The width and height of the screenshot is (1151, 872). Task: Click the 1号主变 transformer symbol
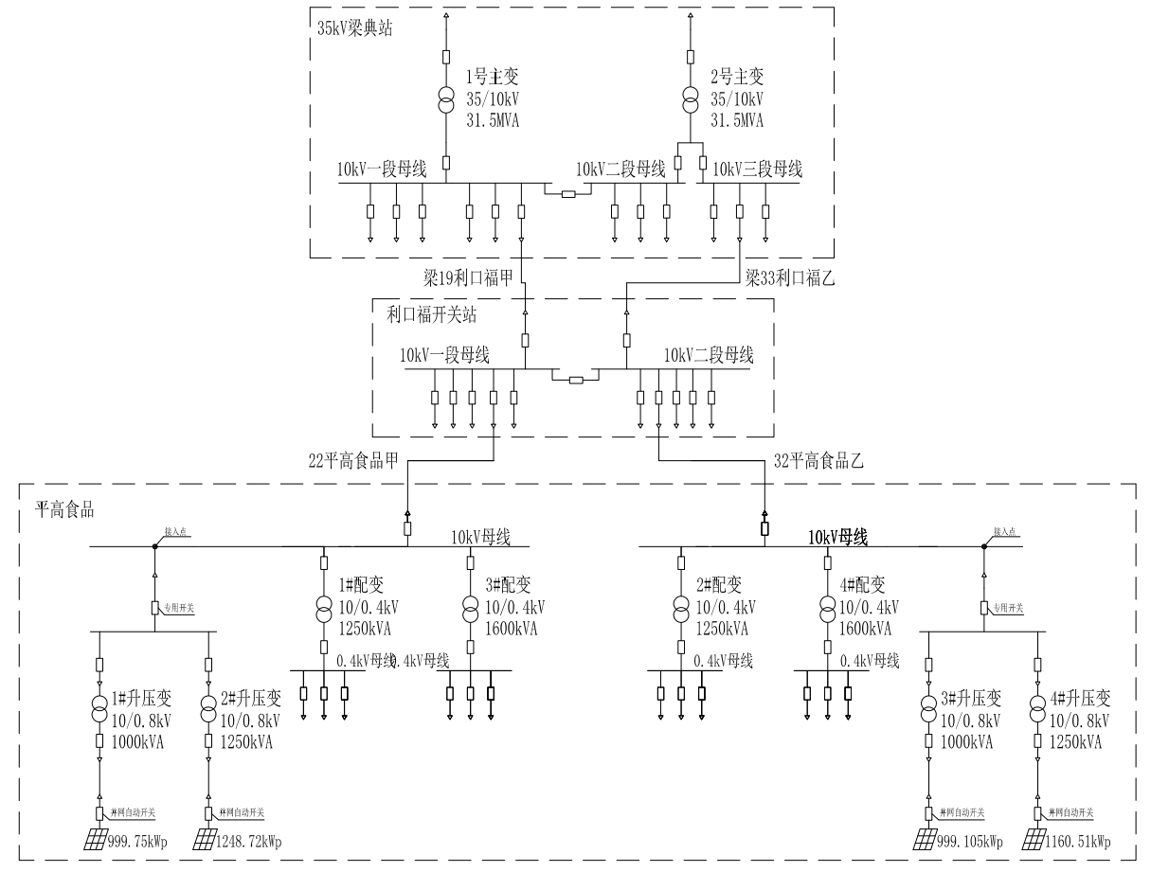(445, 98)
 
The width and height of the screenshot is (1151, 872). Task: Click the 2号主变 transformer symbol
(691, 98)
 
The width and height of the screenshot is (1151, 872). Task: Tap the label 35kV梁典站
(354, 27)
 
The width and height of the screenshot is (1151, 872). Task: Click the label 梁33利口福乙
(789, 278)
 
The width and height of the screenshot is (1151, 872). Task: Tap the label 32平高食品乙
(818, 463)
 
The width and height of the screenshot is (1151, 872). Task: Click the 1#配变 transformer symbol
(324, 607)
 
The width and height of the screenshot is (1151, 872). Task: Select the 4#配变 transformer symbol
(827, 607)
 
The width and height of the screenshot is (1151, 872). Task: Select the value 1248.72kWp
(250, 842)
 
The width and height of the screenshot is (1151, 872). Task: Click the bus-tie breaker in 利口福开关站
(574, 381)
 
